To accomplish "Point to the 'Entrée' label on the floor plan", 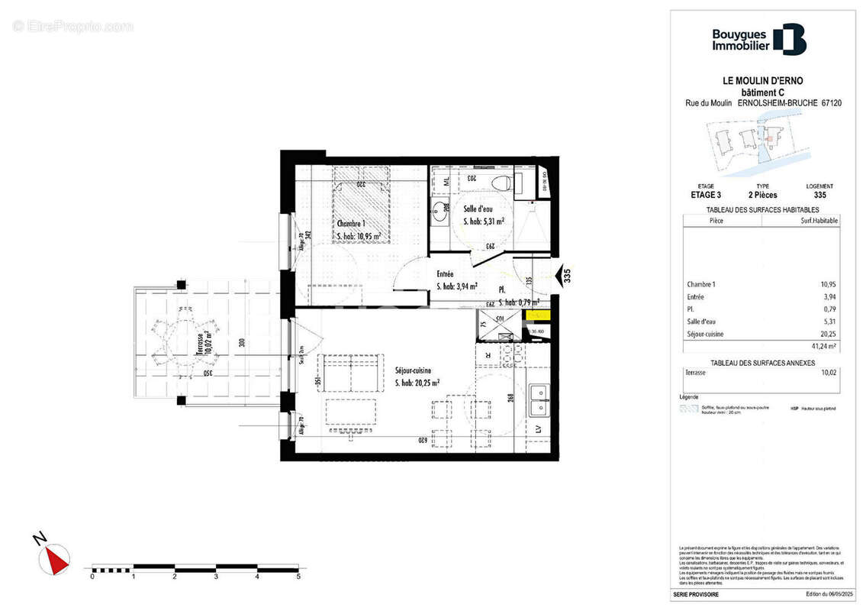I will pyautogui.click(x=446, y=274).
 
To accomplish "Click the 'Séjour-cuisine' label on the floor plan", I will pyautogui.click(x=413, y=370).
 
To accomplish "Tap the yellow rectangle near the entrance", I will pyautogui.click(x=538, y=315).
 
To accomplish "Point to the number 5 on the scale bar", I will pyautogui.click(x=298, y=577).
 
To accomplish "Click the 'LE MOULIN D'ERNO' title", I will pyautogui.click(x=752, y=81).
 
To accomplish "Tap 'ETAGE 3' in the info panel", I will pyautogui.click(x=695, y=196).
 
